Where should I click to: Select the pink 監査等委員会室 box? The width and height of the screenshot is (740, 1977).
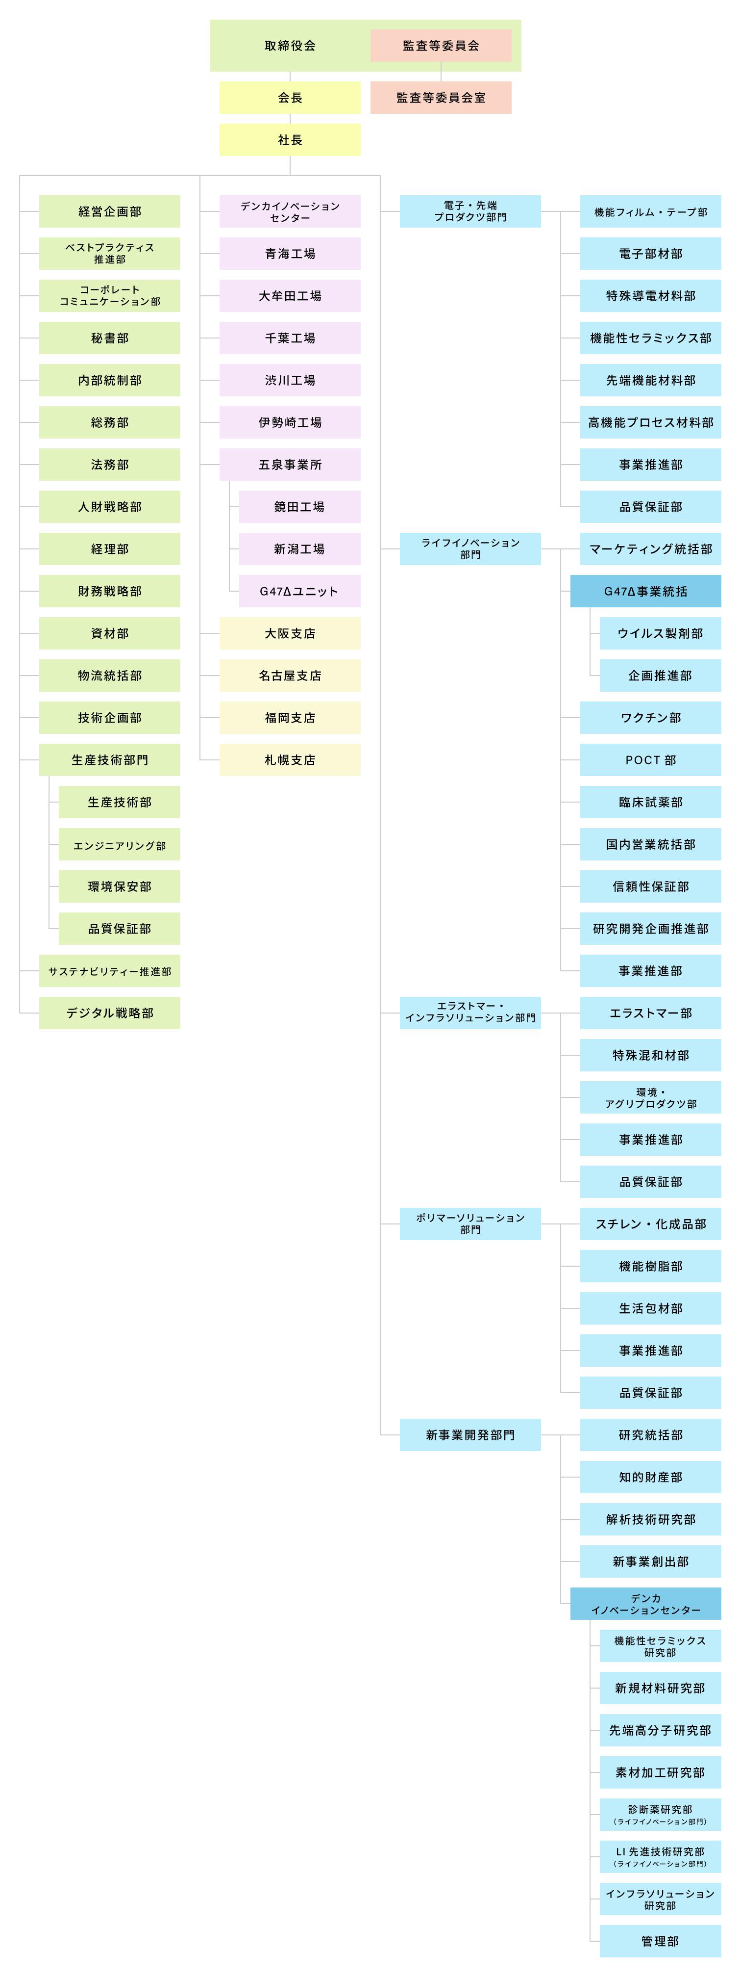tap(441, 98)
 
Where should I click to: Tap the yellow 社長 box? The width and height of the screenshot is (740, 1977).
tap(290, 140)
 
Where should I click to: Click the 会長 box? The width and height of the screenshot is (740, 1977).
tap(290, 98)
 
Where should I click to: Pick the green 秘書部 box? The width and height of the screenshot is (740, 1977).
tap(110, 338)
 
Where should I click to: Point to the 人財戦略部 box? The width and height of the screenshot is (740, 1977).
tap(110, 507)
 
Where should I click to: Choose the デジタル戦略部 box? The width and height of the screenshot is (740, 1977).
tap(110, 1013)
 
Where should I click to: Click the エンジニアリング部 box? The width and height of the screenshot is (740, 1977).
tap(120, 844)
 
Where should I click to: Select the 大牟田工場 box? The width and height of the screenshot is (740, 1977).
tap(290, 295)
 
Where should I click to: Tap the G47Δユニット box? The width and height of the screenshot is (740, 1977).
tap(300, 591)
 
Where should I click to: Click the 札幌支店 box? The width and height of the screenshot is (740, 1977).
tap(290, 760)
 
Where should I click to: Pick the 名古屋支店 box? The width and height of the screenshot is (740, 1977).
tap(290, 676)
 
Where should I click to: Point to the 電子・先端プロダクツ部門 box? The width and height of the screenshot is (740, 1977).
tap(470, 211)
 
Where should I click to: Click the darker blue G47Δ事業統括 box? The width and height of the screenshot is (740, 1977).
tap(646, 591)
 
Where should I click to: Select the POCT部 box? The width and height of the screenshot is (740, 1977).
tap(650, 760)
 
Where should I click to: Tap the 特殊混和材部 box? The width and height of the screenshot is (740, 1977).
tap(650, 1055)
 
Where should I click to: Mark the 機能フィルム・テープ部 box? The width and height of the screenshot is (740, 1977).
tap(650, 211)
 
